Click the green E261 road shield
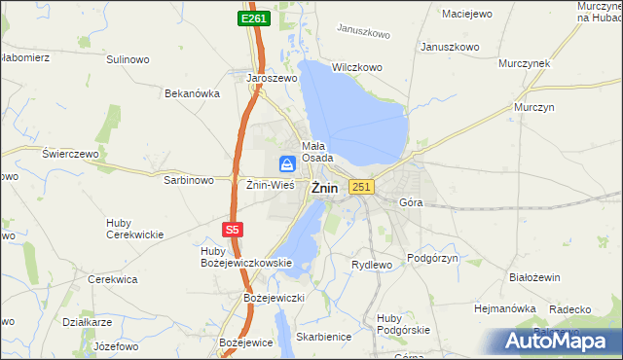255,19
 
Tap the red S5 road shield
231,230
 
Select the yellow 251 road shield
361,187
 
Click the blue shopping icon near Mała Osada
288,164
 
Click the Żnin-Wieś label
270,184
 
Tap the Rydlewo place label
371,265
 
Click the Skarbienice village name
325,336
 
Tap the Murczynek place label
525,63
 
